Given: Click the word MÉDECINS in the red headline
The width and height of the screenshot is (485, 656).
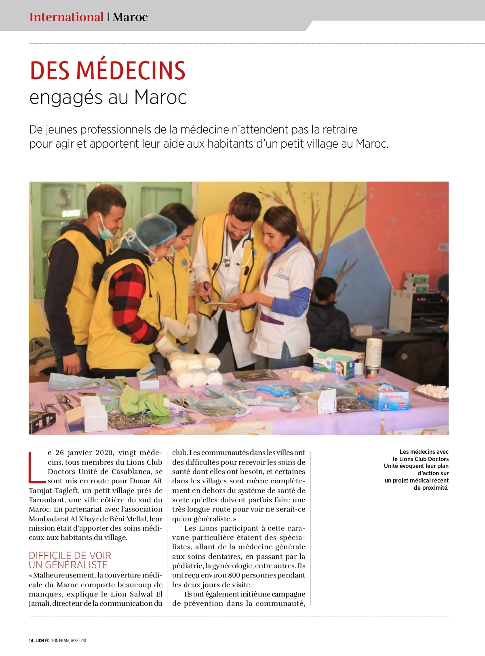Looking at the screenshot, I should pos(131,71).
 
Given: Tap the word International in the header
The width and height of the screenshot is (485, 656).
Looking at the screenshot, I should pos(66,17).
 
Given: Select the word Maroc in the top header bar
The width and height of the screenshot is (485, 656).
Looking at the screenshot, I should pos(130,17).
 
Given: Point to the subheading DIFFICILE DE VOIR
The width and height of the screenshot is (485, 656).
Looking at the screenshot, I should pos(70,555).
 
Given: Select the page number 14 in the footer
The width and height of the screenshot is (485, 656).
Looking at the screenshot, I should pos(31,641).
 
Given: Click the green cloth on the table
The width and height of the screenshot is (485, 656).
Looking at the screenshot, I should pos(141,400).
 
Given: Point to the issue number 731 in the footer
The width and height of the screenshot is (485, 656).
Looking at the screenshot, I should pos(83,641).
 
